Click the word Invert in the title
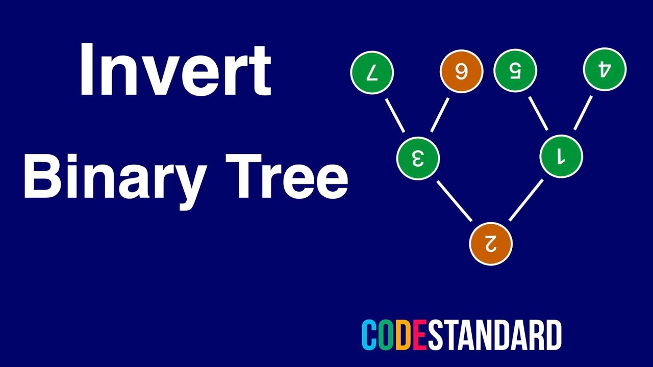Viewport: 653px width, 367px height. click(174, 70)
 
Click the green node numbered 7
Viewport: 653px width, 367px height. click(372, 72)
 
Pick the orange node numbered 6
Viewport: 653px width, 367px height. click(461, 72)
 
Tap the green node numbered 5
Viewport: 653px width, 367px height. click(515, 71)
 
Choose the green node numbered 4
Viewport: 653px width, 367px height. click(605, 70)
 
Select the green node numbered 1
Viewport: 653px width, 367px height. click(561, 157)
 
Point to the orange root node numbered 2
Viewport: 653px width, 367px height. click(490, 244)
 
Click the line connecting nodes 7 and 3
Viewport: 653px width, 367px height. click(395, 115)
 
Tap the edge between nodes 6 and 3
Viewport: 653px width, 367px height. click(440, 115)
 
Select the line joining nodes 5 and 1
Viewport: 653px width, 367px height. click(538, 114)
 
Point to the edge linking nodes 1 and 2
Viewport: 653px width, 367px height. click(526, 200)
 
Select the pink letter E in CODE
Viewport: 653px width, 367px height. click(419, 335)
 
